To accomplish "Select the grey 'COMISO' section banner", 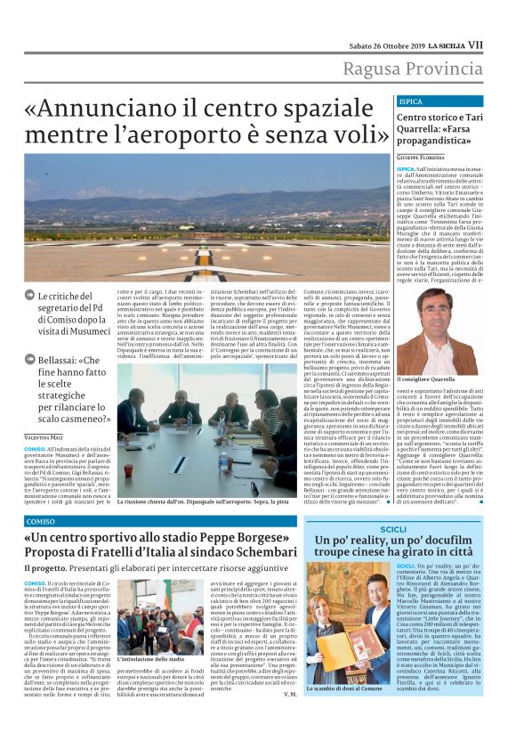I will point(40,520).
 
